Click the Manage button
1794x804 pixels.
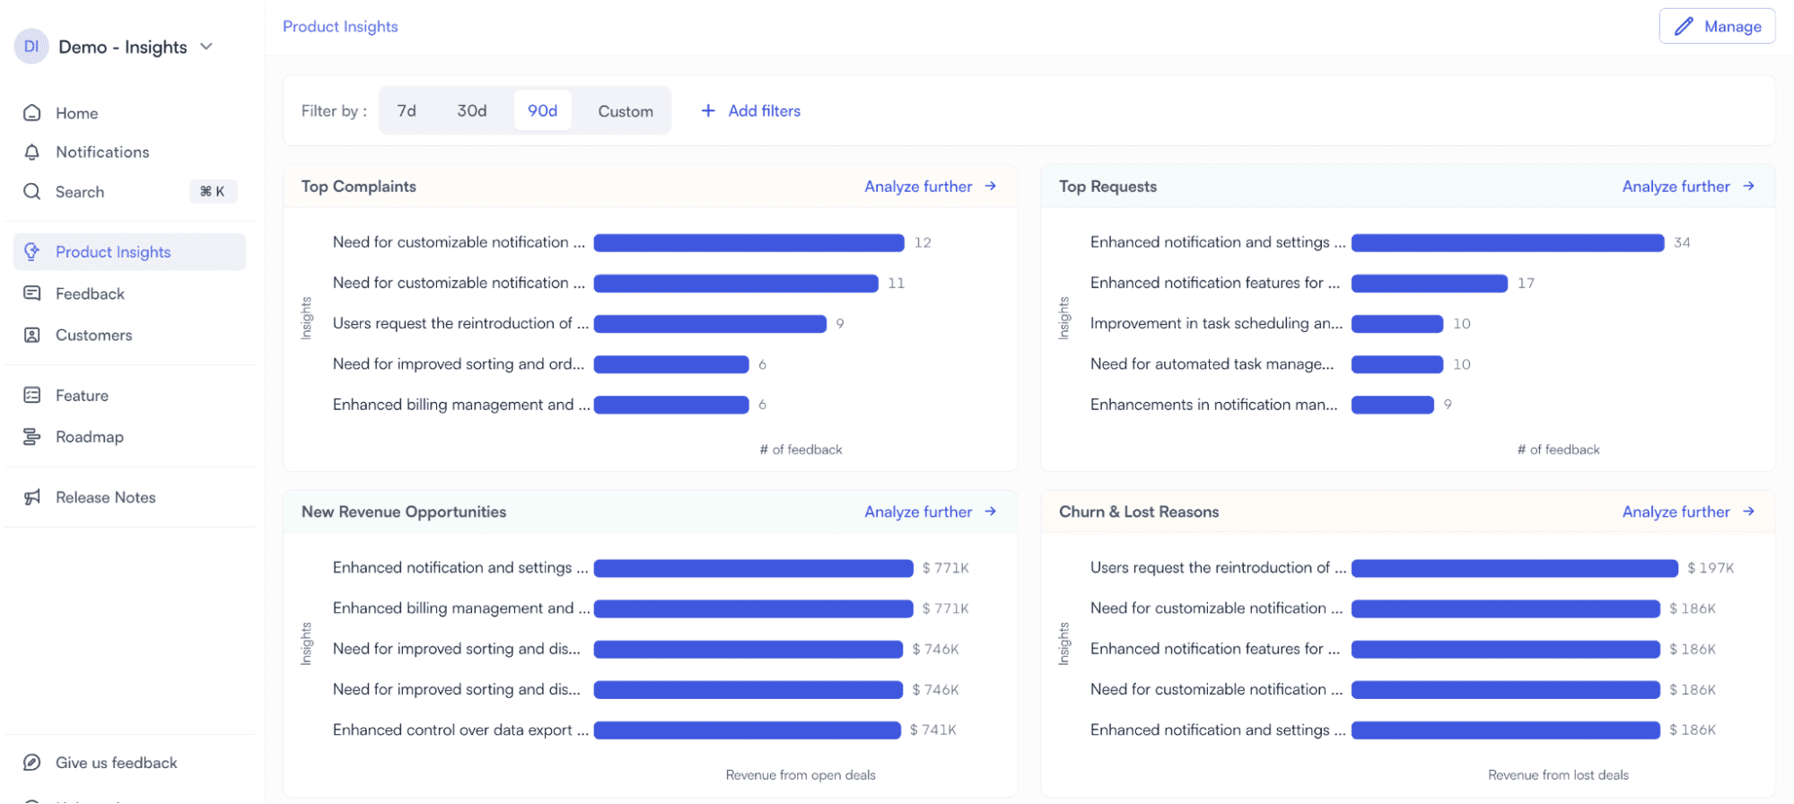(1717, 27)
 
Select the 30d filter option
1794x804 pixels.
(471, 110)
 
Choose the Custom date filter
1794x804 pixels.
(625, 111)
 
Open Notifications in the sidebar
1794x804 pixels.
(101, 152)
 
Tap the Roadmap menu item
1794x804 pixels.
(89, 437)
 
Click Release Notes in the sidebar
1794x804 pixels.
(105, 497)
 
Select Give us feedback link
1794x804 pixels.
(116, 763)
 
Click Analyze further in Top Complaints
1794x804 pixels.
(930, 187)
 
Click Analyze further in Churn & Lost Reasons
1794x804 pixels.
(1687, 511)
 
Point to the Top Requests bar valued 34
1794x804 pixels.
(1507, 243)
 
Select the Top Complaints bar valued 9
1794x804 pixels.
(709, 324)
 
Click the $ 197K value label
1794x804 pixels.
(1711, 568)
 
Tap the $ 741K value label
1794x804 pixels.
(933, 730)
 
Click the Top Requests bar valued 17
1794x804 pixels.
(1429, 284)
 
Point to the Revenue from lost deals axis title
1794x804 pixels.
(1557, 775)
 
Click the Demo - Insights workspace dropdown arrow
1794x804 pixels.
(206, 47)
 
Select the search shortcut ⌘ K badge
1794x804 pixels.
(213, 191)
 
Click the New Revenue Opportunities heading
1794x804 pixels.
(404, 511)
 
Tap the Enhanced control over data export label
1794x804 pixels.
(459, 730)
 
